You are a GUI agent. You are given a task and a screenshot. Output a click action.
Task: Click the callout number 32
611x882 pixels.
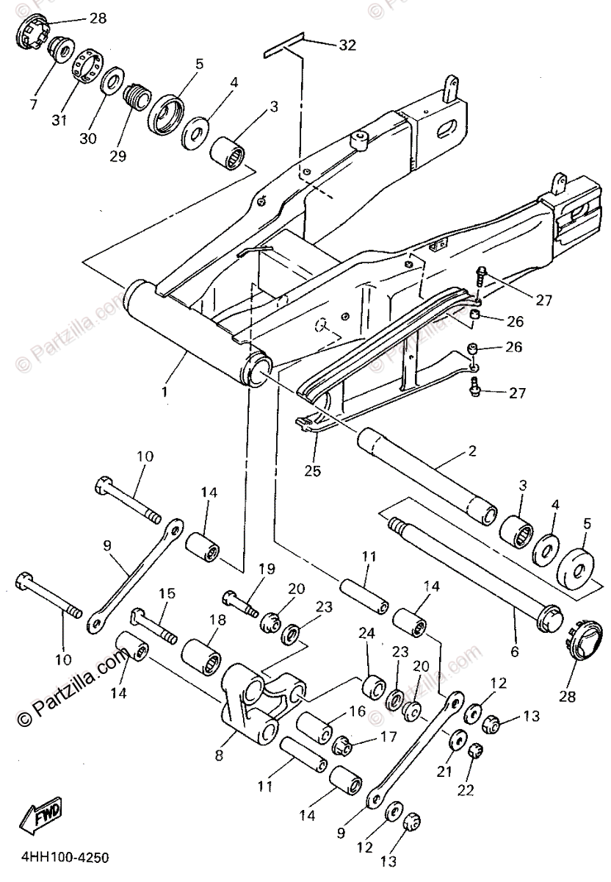[x=347, y=45]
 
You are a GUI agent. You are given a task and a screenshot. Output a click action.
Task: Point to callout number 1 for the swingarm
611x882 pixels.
[x=164, y=392]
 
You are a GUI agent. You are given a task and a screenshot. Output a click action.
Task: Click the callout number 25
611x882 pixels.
[x=312, y=471]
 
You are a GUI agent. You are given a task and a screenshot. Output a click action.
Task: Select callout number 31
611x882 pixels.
[x=58, y=121]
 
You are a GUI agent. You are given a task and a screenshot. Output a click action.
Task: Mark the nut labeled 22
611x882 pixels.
[x=474, y=750]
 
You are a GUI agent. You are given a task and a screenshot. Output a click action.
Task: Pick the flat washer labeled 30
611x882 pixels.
[x=112, y=81]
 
